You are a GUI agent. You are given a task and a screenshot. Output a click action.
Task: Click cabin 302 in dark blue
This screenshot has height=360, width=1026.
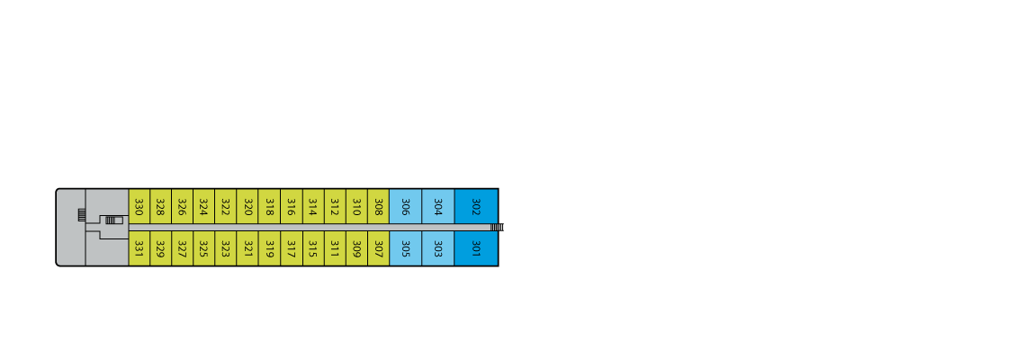click(x=476, y=206)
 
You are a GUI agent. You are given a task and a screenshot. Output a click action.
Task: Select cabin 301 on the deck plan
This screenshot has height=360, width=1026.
click(x=476, y=248)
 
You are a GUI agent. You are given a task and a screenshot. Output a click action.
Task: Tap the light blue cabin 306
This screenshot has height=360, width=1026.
click(x=406, y=206)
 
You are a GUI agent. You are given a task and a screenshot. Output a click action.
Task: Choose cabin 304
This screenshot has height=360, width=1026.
click(x=438, y=206)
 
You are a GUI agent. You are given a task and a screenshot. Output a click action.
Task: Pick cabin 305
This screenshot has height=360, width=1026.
click(x=406, y=248)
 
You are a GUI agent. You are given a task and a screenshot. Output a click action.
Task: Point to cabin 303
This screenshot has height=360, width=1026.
click(x=438, y=248)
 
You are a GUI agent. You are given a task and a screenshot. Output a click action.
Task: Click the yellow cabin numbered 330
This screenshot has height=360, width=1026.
click(x=139, y=206)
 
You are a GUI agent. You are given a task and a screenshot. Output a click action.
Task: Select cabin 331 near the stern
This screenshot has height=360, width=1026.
click(x=139, y=248)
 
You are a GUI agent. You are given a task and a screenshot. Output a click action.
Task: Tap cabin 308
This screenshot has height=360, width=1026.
click(x=378, y=206)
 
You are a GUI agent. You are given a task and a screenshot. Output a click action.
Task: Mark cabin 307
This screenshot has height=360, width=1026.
click(x=378, y=248)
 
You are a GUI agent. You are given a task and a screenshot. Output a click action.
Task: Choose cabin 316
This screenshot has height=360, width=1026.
click(x=292, y=206)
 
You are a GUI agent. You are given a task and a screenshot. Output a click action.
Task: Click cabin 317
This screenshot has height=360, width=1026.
click(x=292, y=248)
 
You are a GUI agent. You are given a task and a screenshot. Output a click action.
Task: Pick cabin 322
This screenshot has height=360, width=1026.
click(x=226, y=206)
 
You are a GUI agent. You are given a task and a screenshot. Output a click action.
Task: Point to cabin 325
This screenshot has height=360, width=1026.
click(x=204, y=248)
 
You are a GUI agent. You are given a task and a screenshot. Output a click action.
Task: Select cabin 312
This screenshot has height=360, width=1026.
click(x=335, y=206)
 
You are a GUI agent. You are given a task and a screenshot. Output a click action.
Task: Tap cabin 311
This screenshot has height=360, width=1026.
click(x=335, y=248)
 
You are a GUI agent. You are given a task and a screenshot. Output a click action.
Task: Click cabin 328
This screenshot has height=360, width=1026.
click(x=160, y=206)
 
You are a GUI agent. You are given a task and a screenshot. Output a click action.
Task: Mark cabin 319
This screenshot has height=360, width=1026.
click(x=269, y=248)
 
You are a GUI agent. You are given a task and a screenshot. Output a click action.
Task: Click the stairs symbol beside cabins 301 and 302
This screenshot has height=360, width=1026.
click(x=498, y=227)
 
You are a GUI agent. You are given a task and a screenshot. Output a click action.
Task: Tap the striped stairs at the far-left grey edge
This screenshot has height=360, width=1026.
click(x=82, y=215)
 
